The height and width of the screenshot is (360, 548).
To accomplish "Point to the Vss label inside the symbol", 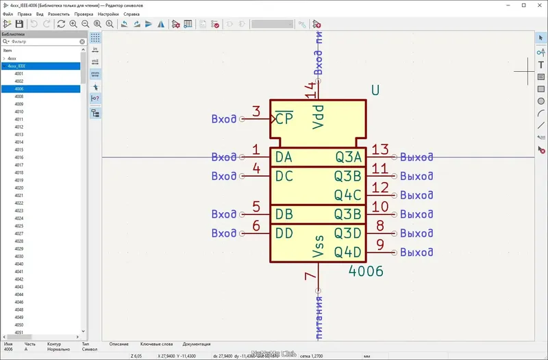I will (x=318, y=246).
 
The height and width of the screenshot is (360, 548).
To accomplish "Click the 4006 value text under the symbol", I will (x=366, y=271).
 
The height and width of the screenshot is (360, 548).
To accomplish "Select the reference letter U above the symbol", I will (x=375, y=90).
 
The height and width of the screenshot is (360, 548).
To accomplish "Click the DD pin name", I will (x=284, y=233).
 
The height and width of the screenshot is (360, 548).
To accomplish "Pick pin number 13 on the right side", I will (x=379, y=151).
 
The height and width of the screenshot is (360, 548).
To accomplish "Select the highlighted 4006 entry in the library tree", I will (x=19, y=89).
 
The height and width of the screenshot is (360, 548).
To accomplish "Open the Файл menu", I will (x=8, y=14).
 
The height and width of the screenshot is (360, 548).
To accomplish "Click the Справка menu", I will (x=131, y=14).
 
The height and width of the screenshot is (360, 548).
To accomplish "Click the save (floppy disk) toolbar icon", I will (x=19, y=24).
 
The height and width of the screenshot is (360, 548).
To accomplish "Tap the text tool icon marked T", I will (x=540, y=65).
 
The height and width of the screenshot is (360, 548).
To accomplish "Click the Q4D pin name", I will (x=347, y=253).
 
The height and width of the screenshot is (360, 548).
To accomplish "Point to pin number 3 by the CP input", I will (x=256, y=112).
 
